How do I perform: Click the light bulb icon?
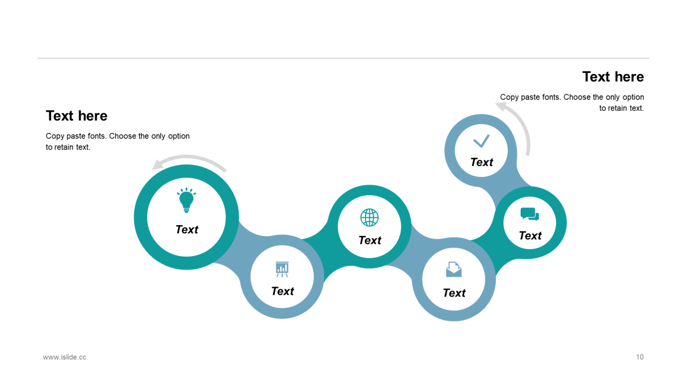pyautogui.click(x=186, y=200)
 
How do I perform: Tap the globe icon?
pyautogui.click(x=369, y=218)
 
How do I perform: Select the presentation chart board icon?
pyautogui.click(x=282, y=269)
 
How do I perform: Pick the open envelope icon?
pyautogui.click(x=454, y=269)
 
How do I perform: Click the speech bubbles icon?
pyautogui.click(x=529, y=214)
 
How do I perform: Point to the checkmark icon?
pyautogui.click(x=481, y=141)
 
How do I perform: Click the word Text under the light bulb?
pyautogui.click(x=187, y=229)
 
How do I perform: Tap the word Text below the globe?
pyautogui.click(x=370, y=240)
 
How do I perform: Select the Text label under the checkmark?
pyautogui.click(x=481, y=162)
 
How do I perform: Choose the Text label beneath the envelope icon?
pyautogui.click(x=454, y=293)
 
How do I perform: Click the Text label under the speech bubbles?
pyautogui.click(x=530, y=236)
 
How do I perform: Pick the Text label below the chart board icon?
pyautogui.click(x=282, y=291)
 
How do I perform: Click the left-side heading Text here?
pyautogui.click(x=77, y=116)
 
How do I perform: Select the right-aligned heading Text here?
pyautogui.click(x=613, y=77)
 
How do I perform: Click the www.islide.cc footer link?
pyautogui.click(x=64, y=357)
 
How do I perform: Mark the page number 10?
pyautogui.click(x=640, y=357)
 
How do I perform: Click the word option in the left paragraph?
pyautogui.click(x=179, y=136)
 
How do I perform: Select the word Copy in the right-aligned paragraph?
pyautogui.click(x=510, y=97)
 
